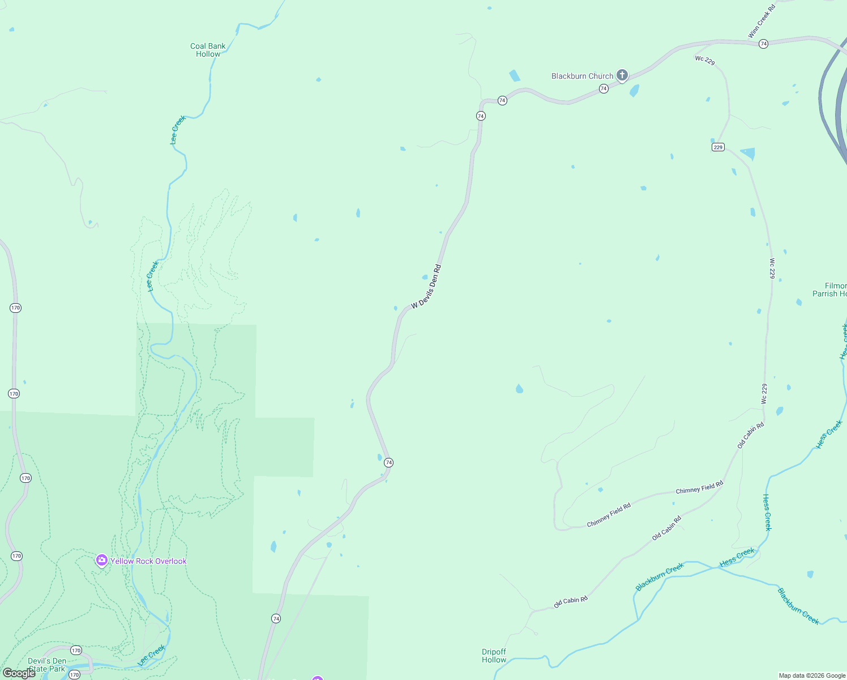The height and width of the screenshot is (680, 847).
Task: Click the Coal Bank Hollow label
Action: coord(208,50)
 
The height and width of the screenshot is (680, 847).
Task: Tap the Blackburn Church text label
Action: coord(582,76)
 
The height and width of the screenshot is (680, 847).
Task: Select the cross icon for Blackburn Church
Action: coord(622,75)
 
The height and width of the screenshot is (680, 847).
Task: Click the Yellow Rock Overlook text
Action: coord(148,561)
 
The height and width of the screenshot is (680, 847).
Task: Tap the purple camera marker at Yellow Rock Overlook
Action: coord(102,560)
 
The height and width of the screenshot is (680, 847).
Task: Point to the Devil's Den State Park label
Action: coord(47,665)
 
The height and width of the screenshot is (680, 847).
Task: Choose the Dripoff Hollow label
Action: coord(494,656)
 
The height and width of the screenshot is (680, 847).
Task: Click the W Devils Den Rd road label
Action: coord(426,287)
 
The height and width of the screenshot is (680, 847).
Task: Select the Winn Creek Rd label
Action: coord(762,22)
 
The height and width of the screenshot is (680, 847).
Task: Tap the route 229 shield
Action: coord(718,147)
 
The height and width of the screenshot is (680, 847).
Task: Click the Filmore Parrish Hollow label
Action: coord(830,290)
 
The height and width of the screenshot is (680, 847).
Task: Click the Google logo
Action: coord(19,673)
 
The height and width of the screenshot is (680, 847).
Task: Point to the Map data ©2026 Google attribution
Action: coord(812,675)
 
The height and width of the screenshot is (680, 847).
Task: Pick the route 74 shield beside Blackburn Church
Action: coord(604,88)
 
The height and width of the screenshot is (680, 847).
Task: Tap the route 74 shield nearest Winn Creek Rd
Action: coord(763,44)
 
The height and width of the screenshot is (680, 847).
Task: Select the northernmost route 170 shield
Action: coord(15,308)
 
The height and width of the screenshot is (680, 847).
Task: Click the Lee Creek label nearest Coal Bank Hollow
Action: coord(178,130)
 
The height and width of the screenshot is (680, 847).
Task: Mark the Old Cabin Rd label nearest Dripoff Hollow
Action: coord(570,602)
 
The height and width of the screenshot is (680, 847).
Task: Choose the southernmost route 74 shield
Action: coord(276,618)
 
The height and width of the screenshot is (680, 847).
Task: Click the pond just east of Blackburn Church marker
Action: coord(634,91)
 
